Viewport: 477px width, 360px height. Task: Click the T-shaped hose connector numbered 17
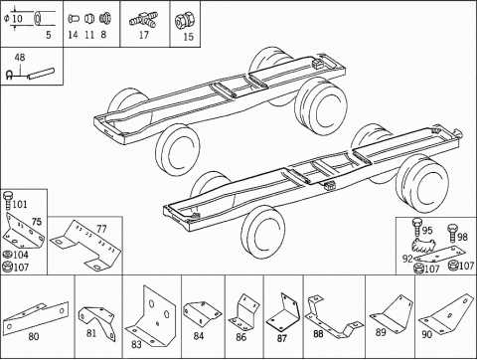pyautogui.click(x=143, y=20)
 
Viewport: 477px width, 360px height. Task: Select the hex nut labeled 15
pyautogui.click(x=184, y=21)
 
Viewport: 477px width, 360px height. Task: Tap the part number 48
pyautogui.click(x=20, y=58)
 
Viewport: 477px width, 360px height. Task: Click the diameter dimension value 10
pyautogui.click(x=17, y=18)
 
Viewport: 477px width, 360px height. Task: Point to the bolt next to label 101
pyautogui.click(x=7, y=200)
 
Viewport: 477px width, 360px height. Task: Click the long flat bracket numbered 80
pyautogui.click(x=36, y=317)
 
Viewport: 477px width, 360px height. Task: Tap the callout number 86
pyautogui.click(x=240, y=337)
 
